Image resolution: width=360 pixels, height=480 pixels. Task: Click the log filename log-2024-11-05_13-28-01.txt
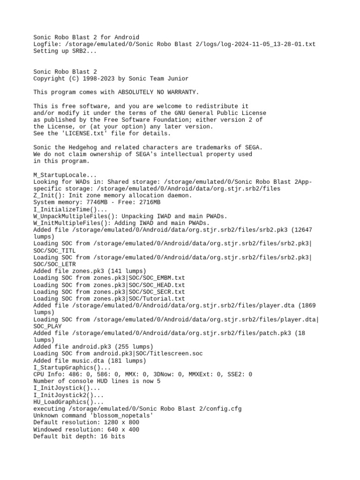tap(267, 44)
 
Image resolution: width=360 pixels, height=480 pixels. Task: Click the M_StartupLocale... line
tap(65, 174)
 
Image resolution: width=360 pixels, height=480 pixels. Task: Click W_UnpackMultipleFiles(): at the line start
tap(76, 216)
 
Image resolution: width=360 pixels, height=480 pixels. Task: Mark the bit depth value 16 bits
tap(113, 436)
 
